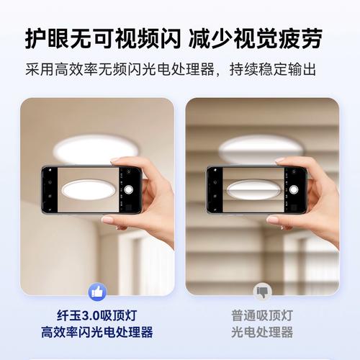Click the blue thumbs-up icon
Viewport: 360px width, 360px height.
click(x=96, y=292)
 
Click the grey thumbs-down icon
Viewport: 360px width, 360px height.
click(x=262, y=292)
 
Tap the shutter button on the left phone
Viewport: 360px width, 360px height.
click(x=129, y=189)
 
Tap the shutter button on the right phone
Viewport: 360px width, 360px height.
click(x=294, y=189)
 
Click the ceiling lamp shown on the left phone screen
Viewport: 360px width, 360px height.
click(x=87, y=190)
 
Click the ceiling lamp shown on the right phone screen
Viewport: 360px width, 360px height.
click(x=252, y=190)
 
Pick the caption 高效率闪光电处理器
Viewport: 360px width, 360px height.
click(x=96, y=333)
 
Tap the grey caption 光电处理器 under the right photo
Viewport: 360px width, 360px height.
click(x=262, y=333)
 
